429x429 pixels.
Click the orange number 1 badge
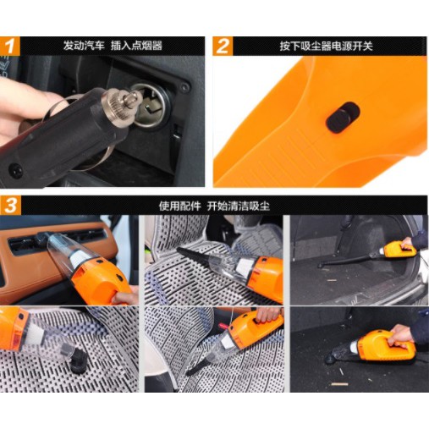10,46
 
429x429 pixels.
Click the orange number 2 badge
223,46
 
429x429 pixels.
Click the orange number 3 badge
10,206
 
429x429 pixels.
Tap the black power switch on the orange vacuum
343,118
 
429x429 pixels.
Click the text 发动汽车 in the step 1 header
84,46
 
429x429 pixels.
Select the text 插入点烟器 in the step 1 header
136,46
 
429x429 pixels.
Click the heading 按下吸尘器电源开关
326,46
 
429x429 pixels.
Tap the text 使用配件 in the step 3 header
179,206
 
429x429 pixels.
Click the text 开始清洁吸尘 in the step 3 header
239,206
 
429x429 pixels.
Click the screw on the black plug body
15,170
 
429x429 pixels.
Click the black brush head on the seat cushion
78,361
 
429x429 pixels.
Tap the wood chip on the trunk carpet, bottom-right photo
339,384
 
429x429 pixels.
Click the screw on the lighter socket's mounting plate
185,88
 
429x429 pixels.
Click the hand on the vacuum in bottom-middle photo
267,315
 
